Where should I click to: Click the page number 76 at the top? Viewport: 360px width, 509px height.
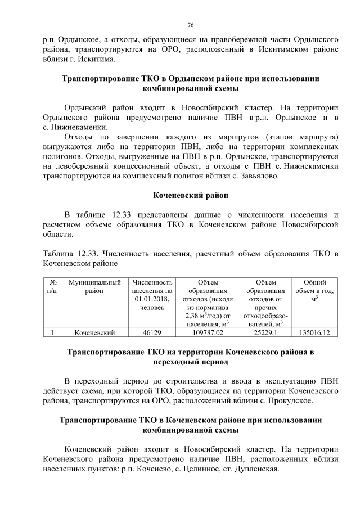[x=190, y=25]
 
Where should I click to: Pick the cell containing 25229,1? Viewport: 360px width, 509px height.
[x=266, y=332]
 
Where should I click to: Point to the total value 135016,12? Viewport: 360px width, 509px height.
[x=314, y=332]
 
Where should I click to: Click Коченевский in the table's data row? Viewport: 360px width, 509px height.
[x=94, y=332]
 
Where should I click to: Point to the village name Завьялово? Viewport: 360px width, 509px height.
[x=268, y=175]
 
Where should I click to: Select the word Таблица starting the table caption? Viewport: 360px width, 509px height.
[x=58, y=253]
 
